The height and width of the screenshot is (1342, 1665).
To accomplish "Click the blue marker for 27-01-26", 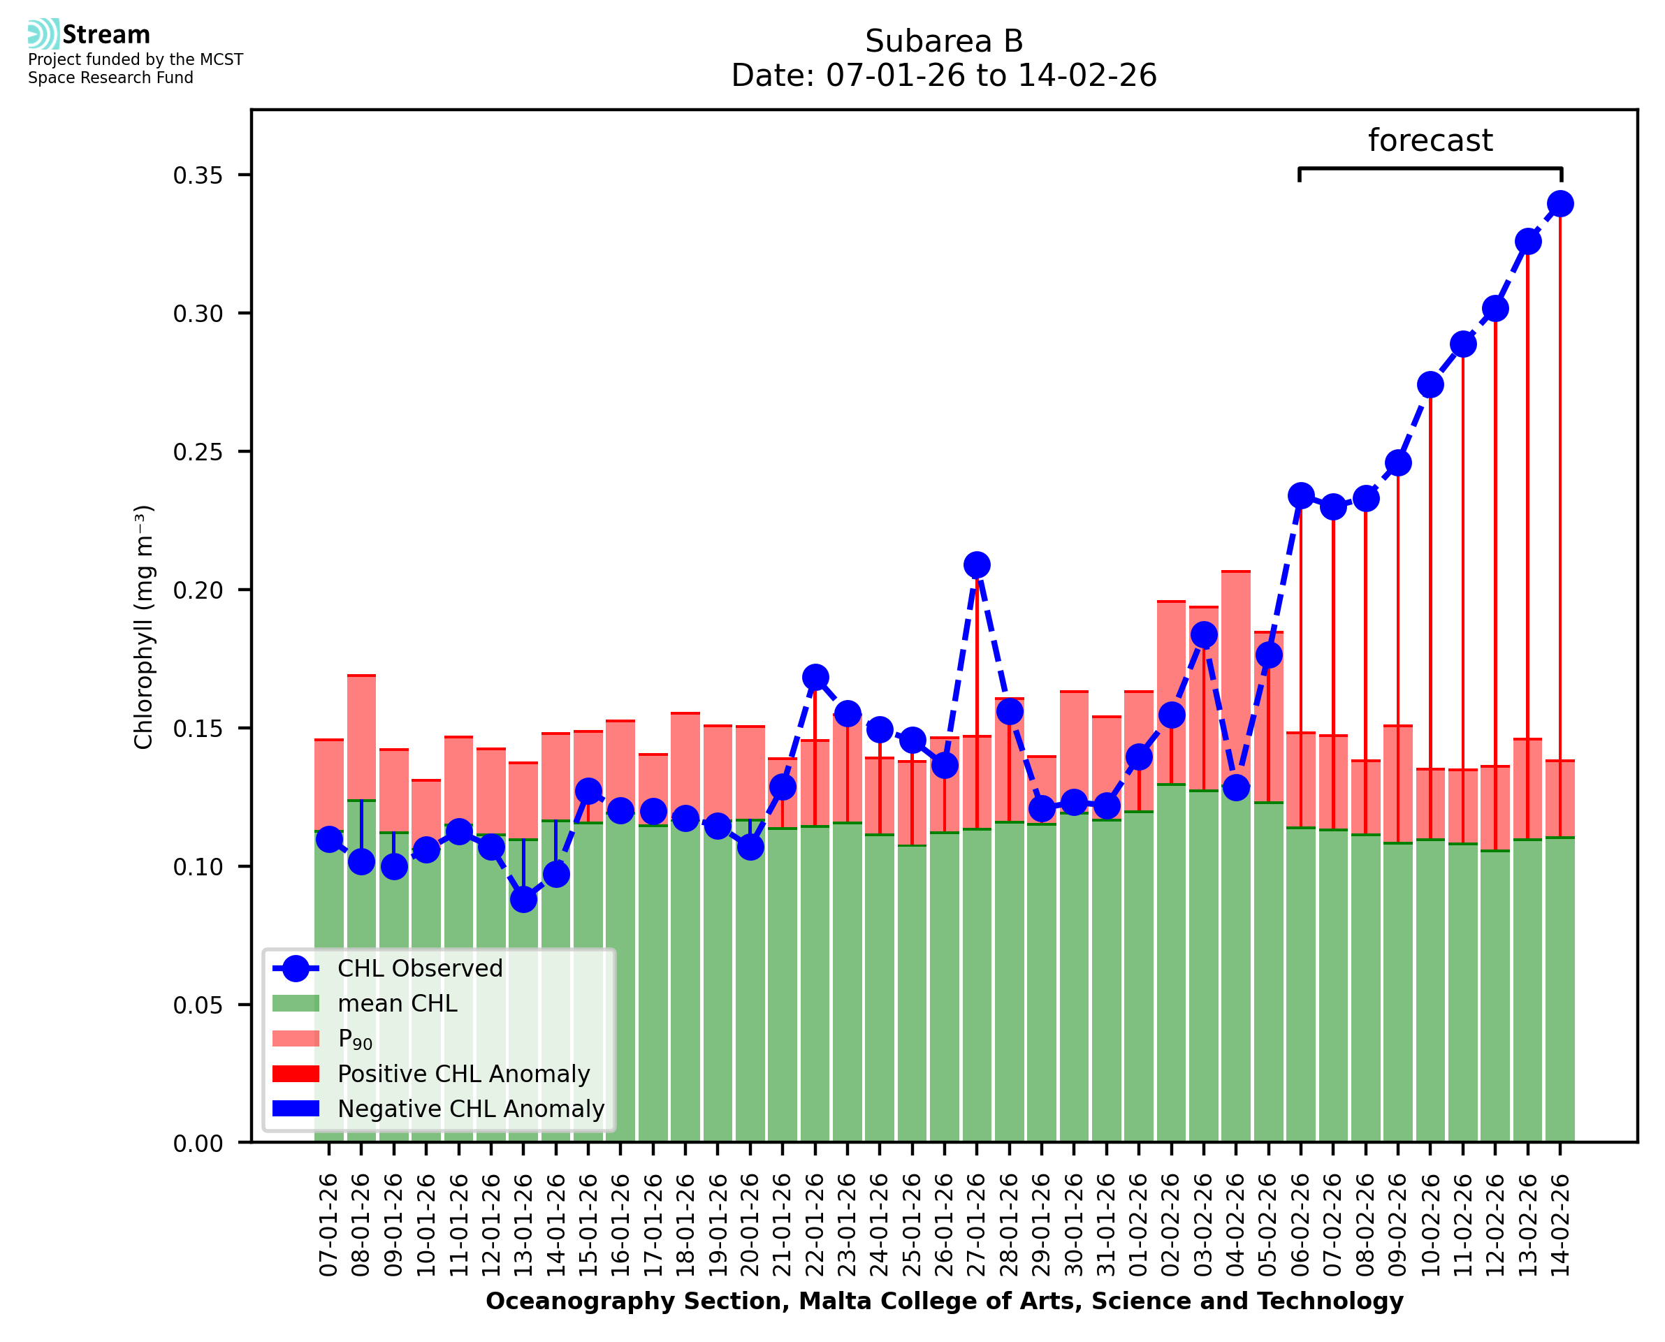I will tap(976, 565).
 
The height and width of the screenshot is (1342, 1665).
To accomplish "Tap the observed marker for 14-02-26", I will tap(1560, 204).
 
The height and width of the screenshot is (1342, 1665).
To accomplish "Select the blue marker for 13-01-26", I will tap(523, 899).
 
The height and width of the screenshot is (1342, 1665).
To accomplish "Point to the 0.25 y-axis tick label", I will tap(198, 452).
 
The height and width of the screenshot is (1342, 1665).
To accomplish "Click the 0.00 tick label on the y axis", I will tap(198, 1144).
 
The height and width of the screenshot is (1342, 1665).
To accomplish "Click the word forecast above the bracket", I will tap(1430, 140).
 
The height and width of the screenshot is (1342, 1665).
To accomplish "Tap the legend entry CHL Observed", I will tap(420, 969).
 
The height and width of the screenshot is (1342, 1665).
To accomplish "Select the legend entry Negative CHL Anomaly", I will tap(471, 1109).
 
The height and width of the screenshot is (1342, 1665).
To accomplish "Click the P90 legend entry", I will tap(356, 1039).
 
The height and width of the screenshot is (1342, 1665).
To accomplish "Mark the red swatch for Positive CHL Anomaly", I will tap(296, 1074).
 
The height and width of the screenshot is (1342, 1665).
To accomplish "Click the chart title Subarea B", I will tap(944, 41).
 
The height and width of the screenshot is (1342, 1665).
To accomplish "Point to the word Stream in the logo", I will tap(107, 35).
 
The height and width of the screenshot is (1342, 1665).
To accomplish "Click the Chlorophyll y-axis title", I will tap(144, 627).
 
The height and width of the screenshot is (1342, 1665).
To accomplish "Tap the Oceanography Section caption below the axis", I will tap(944, 1301).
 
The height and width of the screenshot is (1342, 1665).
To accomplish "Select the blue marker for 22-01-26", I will tap(815, 677).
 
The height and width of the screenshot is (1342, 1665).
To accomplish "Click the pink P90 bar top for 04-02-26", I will tap(1236, 572).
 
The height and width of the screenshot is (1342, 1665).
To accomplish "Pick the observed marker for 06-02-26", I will tap(1301, 495).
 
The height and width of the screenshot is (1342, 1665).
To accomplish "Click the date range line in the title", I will tap(944, 75).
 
